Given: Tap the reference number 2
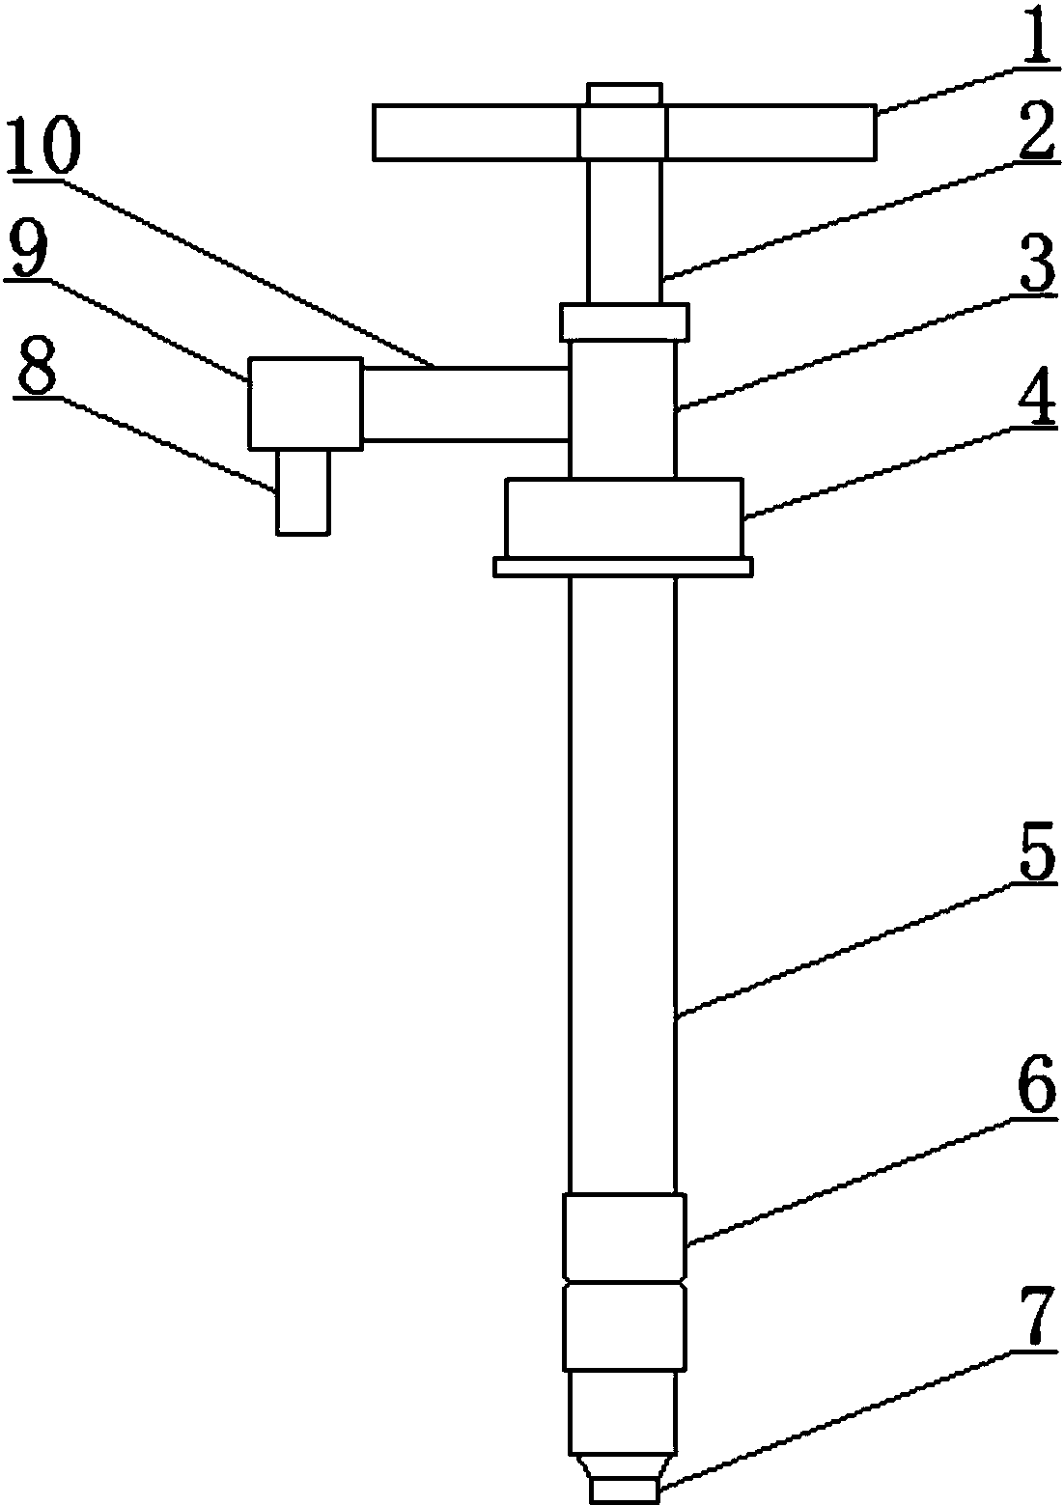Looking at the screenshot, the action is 1036,130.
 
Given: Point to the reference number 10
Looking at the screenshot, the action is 43,147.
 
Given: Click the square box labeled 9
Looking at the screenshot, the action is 305,404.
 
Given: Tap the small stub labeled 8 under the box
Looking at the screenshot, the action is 303,491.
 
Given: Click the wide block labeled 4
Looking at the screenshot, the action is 625,517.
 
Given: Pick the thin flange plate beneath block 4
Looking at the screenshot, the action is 623,567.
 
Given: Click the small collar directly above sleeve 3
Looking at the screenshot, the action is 625,321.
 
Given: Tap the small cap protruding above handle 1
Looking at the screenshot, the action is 625,94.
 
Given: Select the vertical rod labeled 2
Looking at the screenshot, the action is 625,231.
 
